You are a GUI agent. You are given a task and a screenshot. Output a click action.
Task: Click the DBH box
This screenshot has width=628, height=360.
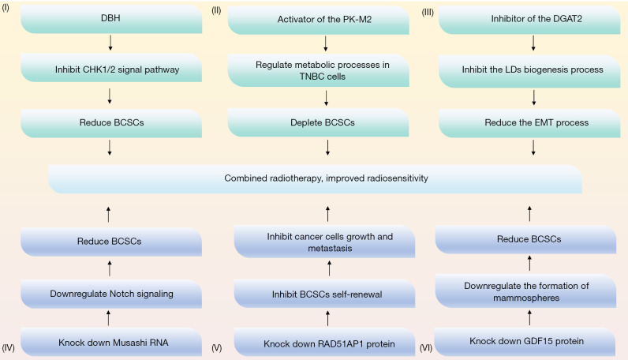(x=111, y=19)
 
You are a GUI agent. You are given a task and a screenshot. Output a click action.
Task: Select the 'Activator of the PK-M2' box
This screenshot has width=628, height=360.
(x=319, y=20)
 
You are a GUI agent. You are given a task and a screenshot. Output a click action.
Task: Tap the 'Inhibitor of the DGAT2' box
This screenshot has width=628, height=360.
(x=529, y=19)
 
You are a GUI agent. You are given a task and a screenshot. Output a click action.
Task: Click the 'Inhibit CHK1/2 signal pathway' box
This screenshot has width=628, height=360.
(x=111, y=68)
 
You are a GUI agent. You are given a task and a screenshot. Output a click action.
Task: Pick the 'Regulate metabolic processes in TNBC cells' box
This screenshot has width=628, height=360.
(x=319, y=70)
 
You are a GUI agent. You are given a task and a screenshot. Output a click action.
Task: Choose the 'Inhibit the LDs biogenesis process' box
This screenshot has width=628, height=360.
(x=529, y=71)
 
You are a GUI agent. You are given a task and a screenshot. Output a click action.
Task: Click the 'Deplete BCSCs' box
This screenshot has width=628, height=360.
(x=319, y=122)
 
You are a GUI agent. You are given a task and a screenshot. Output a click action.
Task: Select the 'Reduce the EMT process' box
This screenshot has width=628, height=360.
(x=529, y=123)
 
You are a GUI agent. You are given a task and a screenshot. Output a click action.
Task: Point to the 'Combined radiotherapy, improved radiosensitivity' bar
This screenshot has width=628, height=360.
(x=315, y=179)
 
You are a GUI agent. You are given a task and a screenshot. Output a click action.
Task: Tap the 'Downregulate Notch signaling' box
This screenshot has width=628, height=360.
(x=111, y=294)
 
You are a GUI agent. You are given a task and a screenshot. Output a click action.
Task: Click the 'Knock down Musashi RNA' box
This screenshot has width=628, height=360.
(x=111, y=342)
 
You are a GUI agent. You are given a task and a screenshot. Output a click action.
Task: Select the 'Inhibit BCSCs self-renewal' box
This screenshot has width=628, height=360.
(x=324, y=294)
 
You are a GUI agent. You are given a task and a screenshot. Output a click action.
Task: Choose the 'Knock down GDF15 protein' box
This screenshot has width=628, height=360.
(x=525, y=342)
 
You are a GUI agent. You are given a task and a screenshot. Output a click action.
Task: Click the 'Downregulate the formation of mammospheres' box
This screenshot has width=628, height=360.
(x=526, y=291)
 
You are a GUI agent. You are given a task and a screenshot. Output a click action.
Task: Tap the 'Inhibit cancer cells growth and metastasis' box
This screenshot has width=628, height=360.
(x=324, y=242)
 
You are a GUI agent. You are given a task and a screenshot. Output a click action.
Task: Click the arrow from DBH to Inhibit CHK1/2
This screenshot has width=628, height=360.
(x=110, y=43)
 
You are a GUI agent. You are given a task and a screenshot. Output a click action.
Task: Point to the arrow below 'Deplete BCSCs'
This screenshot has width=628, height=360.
(x=327, y=148)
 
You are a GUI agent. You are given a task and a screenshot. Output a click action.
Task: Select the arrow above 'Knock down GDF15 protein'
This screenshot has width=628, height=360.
(x=529, y=317)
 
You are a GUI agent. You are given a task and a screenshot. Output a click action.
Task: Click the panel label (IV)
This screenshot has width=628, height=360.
(x=9, y=347)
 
